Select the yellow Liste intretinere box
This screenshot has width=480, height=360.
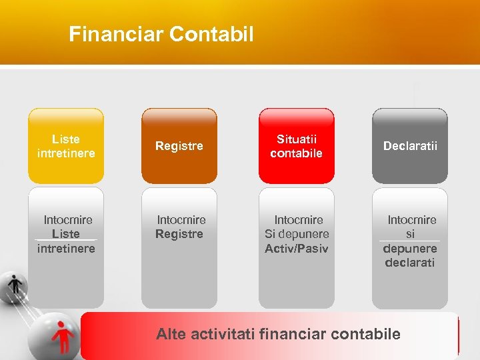[66, 146]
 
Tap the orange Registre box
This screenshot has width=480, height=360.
[179, 146]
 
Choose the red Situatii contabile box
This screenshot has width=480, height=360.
[296, 146]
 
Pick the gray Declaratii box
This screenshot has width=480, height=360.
[410, 146]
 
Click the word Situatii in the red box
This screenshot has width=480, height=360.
[297, 139]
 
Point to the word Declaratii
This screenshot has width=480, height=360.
[410, 146]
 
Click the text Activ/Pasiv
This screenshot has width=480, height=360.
[297, 249]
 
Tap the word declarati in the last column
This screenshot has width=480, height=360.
[409, 263]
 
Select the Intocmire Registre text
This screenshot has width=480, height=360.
[180, 227]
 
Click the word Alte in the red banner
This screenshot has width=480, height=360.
[171, 334]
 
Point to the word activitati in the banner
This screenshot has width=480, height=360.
[223, 334]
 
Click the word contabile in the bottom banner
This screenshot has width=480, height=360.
[367, 334]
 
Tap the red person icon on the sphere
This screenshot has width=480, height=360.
[64, 335]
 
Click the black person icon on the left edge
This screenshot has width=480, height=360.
[15, 285]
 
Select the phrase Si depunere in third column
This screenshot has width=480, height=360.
[297, 234]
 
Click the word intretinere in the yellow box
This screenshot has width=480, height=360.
[66, 153]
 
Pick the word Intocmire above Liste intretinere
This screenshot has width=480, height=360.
[68, 220]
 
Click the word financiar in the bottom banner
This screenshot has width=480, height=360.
[294, 334]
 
